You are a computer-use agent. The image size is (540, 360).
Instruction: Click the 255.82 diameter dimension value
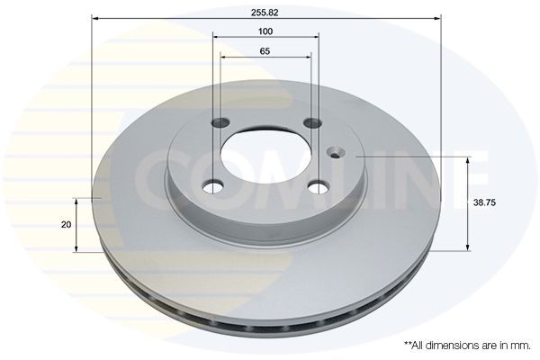point(265,13)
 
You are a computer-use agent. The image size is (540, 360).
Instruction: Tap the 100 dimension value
point(265,31)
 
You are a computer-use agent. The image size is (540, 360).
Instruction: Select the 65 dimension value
point(265,51)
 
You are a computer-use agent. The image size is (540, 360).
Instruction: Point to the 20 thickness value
point(66,225)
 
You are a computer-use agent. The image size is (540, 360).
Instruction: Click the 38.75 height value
point(484,202)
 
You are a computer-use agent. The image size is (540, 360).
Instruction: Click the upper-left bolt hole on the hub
point(220,122)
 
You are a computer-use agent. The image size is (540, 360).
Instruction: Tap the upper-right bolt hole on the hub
point(312,122)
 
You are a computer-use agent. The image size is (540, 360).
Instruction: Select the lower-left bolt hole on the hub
point(213,187)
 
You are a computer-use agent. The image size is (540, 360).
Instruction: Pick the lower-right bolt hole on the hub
point(319,187)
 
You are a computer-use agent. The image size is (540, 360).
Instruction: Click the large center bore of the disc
point(265,157)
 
